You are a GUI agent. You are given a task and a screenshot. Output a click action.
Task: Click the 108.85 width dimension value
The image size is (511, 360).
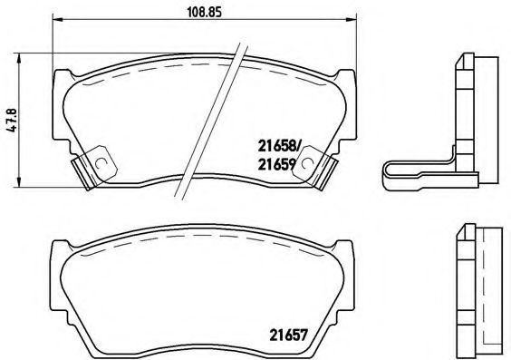(201, 13)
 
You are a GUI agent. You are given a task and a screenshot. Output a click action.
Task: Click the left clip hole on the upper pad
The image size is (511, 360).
(101, 164)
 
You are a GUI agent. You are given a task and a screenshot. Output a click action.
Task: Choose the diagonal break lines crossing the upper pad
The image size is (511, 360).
(213, 118)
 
